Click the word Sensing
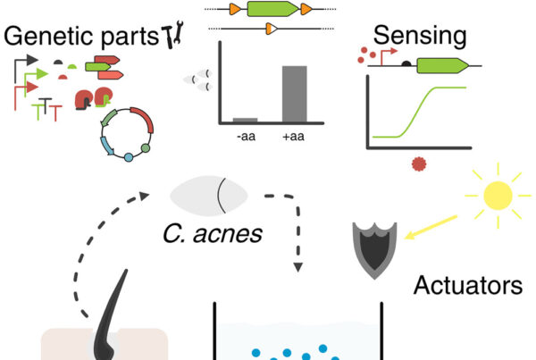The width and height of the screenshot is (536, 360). point(420,37)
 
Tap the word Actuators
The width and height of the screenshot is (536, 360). point(467,286)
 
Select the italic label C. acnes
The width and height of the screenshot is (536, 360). point(213,234)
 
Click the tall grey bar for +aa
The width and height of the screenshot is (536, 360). point(294,94)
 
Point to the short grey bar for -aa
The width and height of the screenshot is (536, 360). point(245,120)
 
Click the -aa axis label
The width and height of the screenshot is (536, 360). point(247,137)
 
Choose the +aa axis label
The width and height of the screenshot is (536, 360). point(293,137)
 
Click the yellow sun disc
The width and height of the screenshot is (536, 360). point(498,196)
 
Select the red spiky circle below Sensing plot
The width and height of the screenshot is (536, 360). point(419,164)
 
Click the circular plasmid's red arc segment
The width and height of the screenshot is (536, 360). point(143,118)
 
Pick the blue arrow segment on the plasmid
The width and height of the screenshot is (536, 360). point(106,146)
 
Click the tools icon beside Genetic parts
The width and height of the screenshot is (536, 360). point(172,34)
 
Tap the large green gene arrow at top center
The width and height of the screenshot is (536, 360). point(272,9)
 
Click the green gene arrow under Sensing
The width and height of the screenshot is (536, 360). point(442,65)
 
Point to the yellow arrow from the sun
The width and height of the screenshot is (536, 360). point(431,227)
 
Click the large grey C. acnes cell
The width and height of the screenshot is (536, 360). point(209,196)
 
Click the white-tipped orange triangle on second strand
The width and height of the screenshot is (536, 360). point(272,29)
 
